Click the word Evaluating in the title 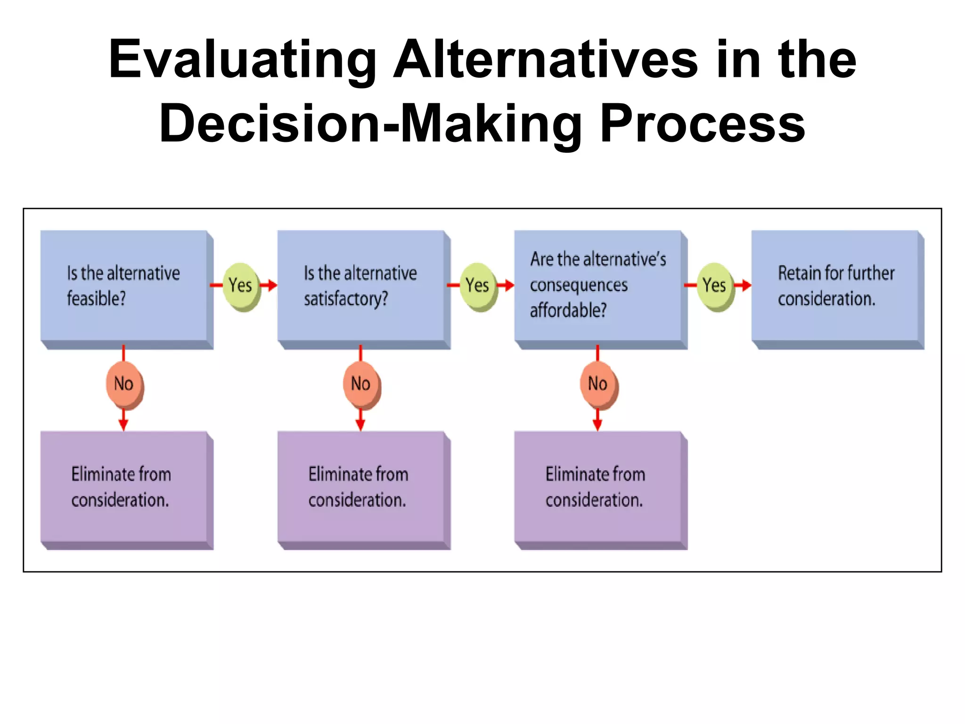pos(242,60)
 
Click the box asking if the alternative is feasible pos(124,286)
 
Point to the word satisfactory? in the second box pos(346,299)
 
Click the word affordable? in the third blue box pos(568,311)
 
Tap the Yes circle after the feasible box pos(240,285)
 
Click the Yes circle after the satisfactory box pos(477,285)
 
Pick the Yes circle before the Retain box pos(714,285)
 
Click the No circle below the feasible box pos(123,384)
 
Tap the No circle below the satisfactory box pos(360,384)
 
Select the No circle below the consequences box pos(597,384)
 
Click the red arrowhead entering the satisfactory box pos(272,285)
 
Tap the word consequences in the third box pos(579,285)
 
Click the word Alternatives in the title pos(545,60)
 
